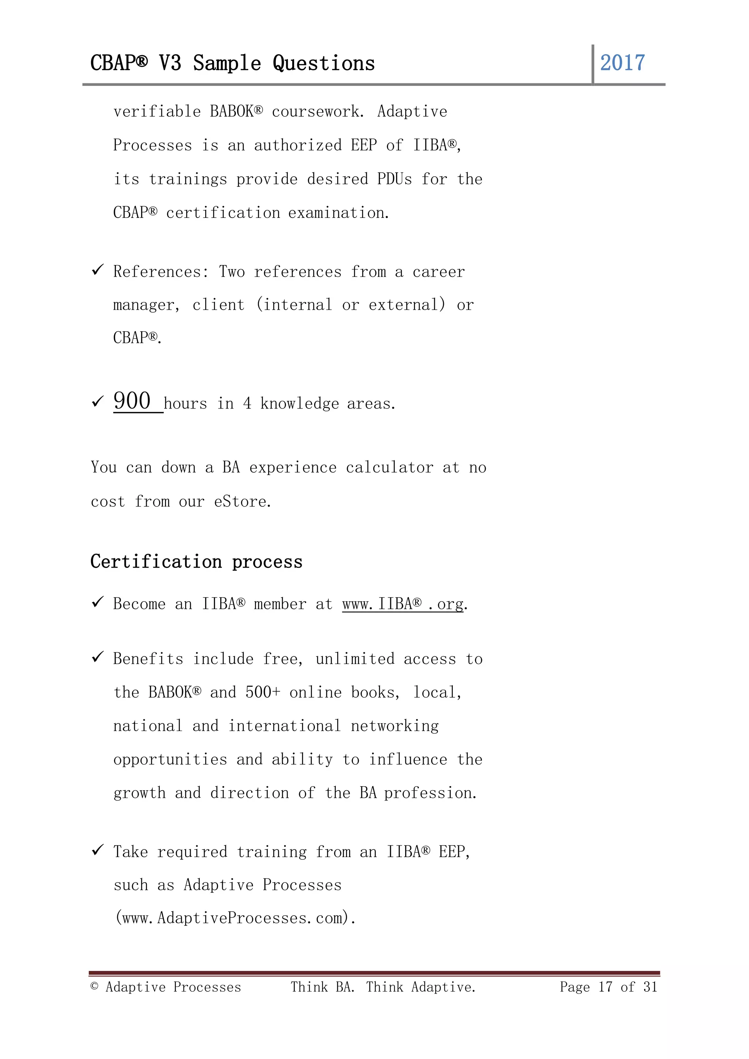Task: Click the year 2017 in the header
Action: [622, 63]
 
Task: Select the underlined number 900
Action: [132, 401]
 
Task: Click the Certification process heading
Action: [196, 562]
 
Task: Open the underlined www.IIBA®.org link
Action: [403, 604]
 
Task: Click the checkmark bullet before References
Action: [97, 270]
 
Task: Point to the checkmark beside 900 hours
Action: [97, 402]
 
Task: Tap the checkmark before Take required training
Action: [97, 850]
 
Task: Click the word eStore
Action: [242, 501]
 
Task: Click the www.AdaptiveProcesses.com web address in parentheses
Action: [235, 918]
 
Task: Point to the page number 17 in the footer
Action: [605, 987]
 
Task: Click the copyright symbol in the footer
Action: [95, 987]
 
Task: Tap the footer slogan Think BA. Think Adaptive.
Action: [383, 987]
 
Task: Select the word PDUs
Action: [394, 179]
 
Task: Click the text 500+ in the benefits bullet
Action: [263, 692]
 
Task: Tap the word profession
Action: [430, 793]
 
